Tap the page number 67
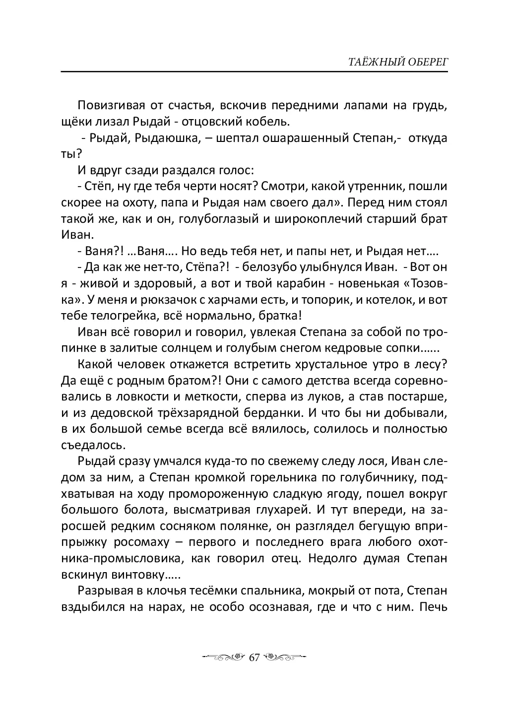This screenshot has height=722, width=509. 254,657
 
